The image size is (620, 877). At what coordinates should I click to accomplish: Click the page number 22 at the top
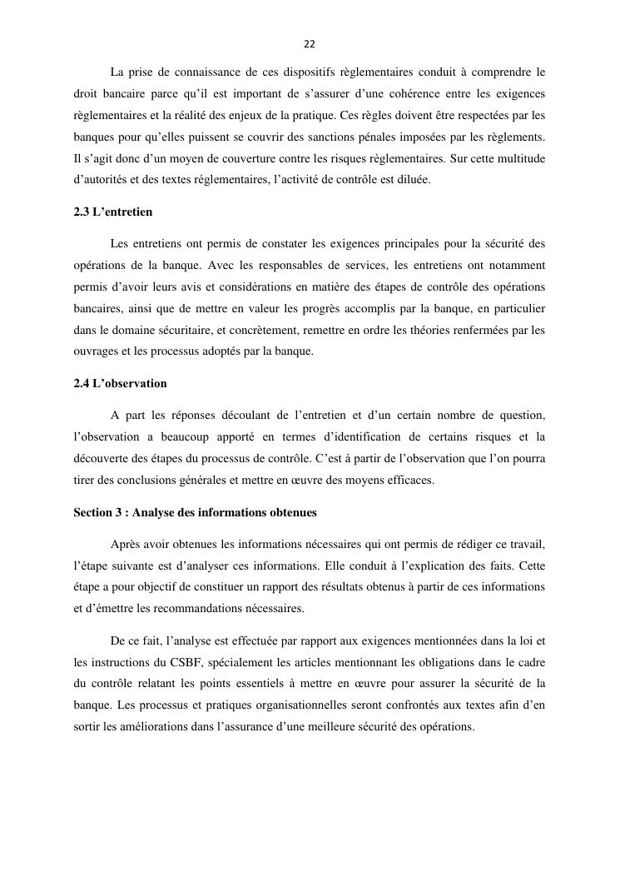(310, 43)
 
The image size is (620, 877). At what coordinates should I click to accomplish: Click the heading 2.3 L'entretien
(112, 212)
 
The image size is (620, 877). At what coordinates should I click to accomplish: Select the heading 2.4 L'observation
(120, 383)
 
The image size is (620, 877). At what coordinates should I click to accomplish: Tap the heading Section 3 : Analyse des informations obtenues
(195, 512)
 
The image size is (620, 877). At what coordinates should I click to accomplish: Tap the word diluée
(413, 178)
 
